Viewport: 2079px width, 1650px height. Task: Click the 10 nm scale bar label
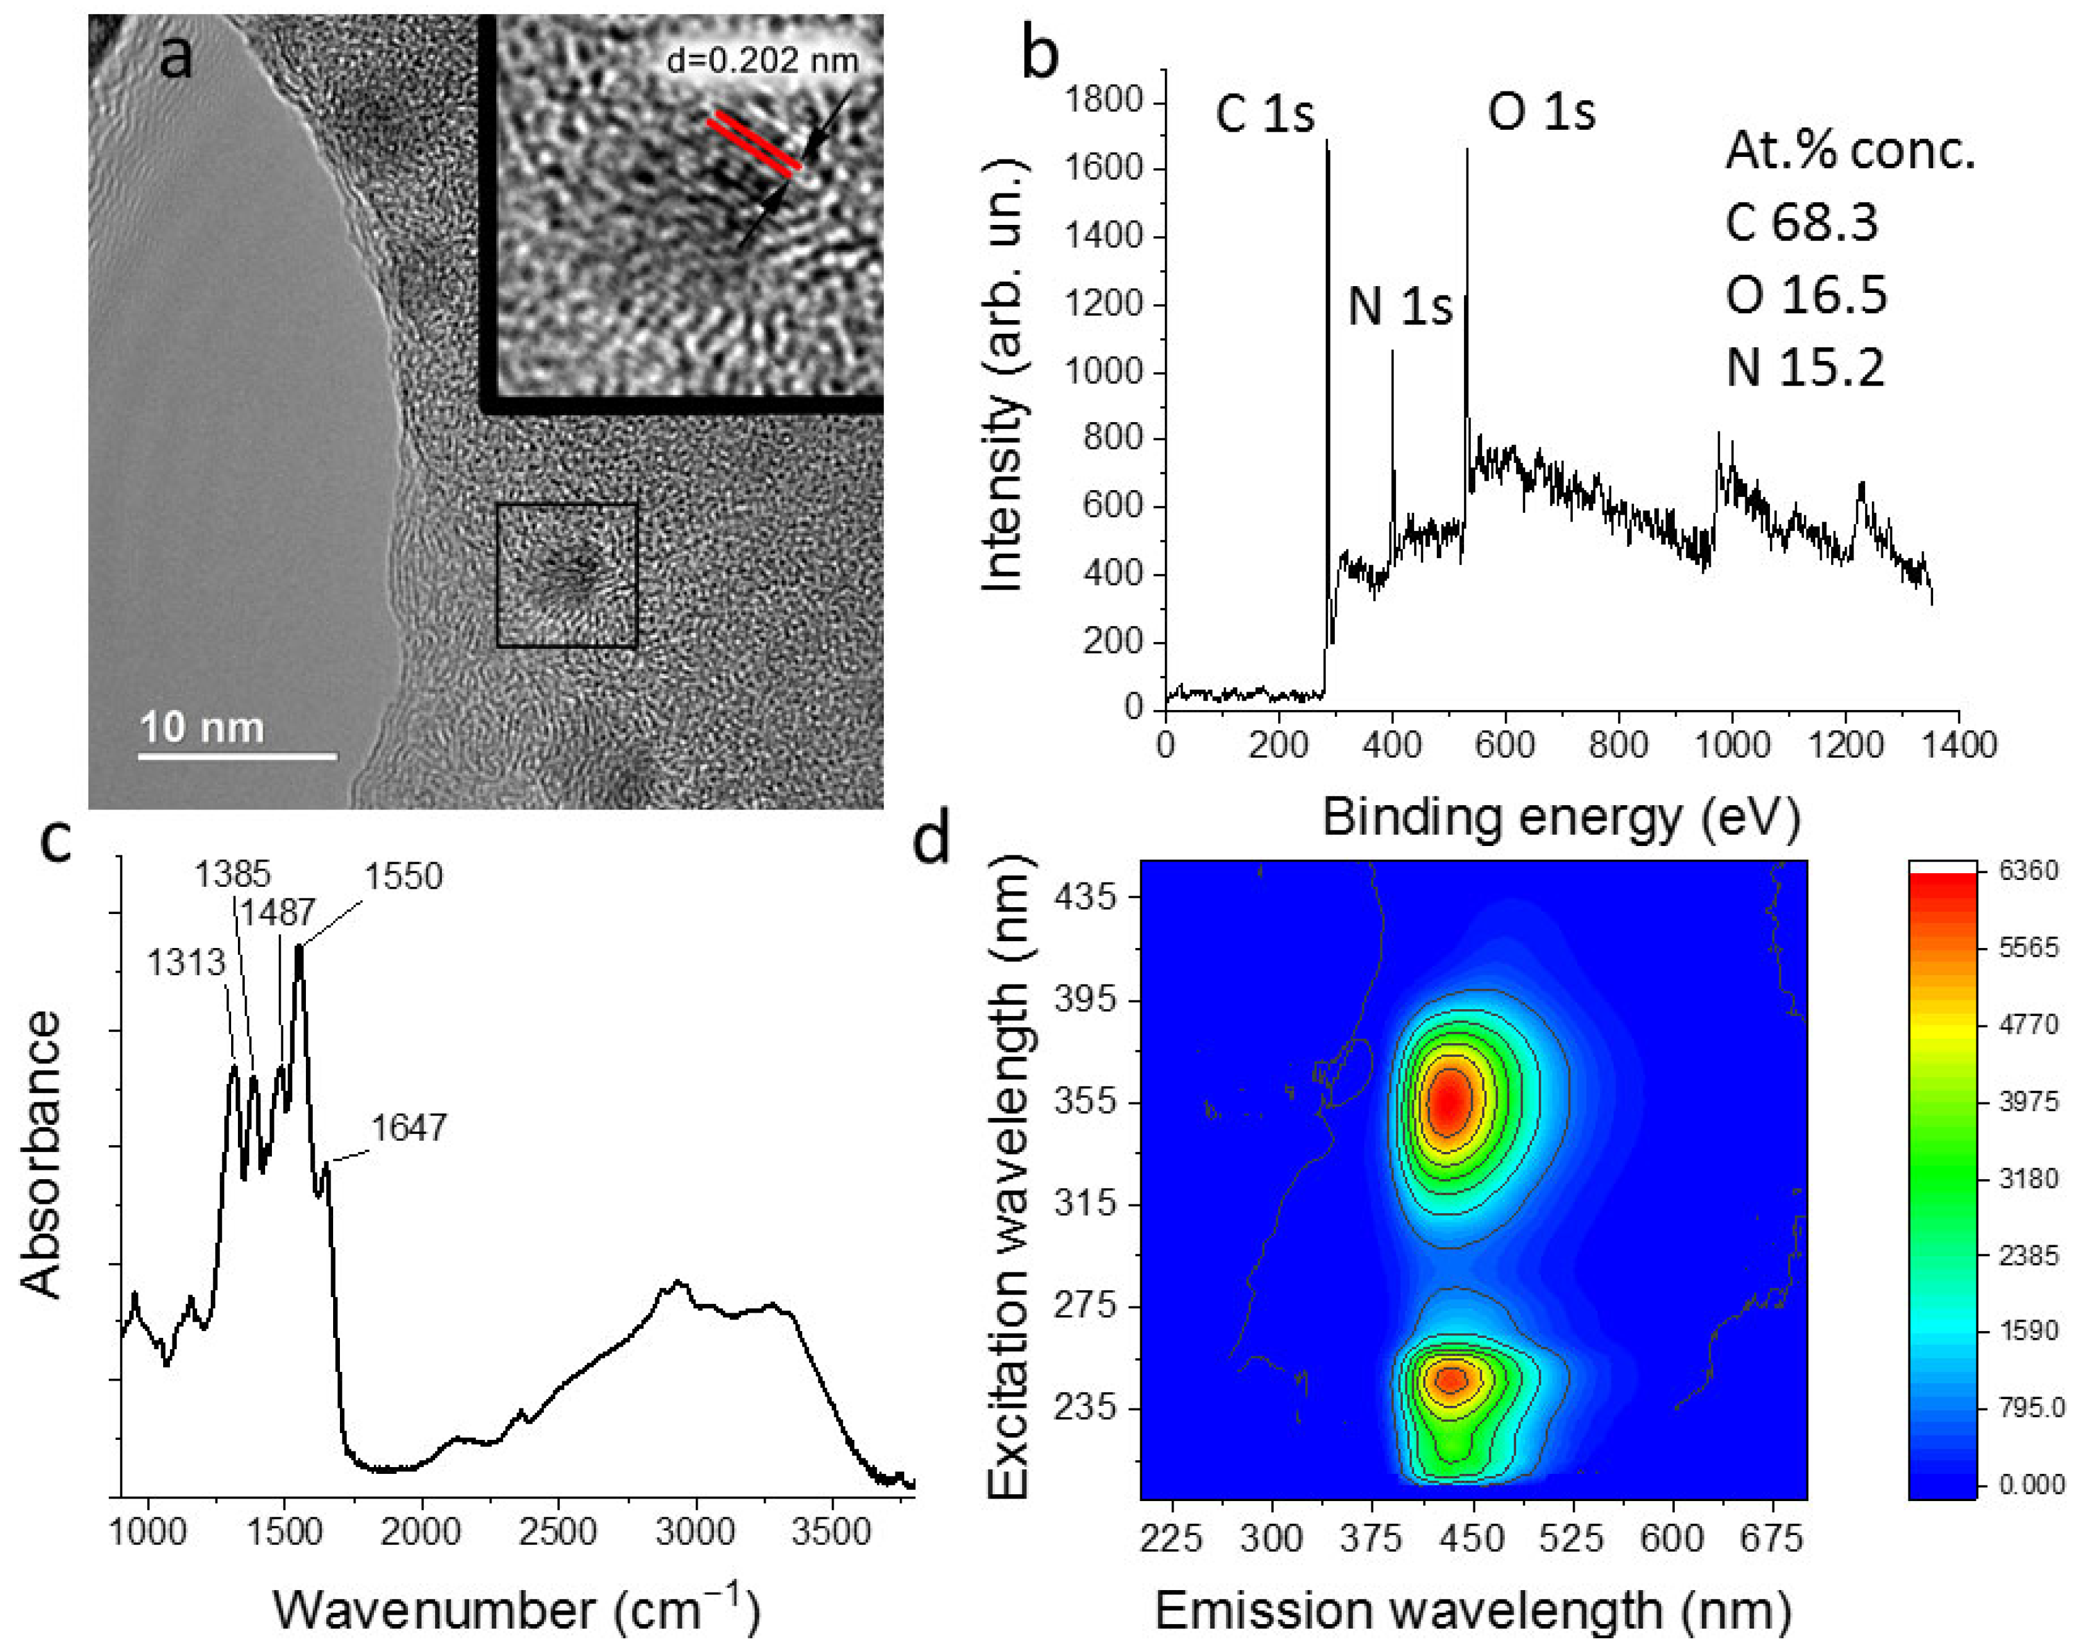pyautogui.click(x=201, y=727)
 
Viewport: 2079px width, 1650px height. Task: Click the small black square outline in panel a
pyautogui.click(x=567, y=575)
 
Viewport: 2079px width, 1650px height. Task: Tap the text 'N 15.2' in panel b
pyautogui.click(x=1804, y=368)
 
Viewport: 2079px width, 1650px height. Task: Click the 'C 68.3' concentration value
pyautogui.click(x=1802, y=222)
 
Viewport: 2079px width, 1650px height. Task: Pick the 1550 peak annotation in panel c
pyautogui.click(x=403, y=876)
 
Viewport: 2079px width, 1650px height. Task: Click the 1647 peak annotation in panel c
pyautogui.click(x=409, y=1127)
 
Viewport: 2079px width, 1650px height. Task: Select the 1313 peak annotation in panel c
pyautogui.click(x=186, y=962)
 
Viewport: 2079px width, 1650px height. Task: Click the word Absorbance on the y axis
pyautogui.click(x=41, y=1154)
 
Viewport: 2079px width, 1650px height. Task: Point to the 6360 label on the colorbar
pyautogui.click(x=2028, y=871)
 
